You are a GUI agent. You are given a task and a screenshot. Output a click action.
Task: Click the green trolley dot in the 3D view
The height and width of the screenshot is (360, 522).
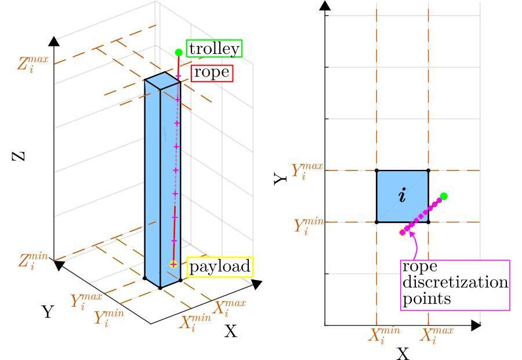click(x=179, y=53)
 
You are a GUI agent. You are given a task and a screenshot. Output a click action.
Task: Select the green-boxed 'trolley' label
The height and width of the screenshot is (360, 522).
click(x=214, y=49)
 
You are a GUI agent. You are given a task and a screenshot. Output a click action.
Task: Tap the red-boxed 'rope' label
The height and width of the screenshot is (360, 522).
click(x=212, y=73)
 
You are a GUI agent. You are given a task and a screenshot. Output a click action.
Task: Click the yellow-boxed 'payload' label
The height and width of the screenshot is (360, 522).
click(x=220, y=267)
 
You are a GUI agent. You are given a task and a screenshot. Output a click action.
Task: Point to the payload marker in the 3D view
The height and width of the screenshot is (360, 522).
click(x=173, y=264)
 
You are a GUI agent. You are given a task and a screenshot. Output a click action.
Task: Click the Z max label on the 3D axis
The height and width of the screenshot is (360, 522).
click(x=33, y=64)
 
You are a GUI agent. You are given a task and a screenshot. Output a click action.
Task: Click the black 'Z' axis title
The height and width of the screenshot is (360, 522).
click(x=19, y=157)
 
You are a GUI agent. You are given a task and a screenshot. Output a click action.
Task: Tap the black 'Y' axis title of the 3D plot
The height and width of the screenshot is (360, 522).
click(x=48, y=312)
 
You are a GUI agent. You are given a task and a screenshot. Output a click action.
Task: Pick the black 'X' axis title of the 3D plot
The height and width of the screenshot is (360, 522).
click(x=230, y=332)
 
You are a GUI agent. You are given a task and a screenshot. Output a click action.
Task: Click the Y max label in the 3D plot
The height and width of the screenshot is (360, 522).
click(x=86, y=301)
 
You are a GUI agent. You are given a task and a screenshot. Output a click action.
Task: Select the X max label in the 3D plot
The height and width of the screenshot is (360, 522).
click(x=229, y=308)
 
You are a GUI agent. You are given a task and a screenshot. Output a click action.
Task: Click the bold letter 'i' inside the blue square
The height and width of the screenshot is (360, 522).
click(x=403, y=195)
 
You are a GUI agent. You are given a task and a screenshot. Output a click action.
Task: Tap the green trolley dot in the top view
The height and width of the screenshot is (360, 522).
click(x=444, y=197)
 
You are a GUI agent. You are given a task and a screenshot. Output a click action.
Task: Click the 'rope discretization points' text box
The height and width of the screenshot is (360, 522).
click(x=455, y=285)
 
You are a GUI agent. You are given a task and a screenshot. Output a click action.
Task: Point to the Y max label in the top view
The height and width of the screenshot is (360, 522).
click(x=307, y=170)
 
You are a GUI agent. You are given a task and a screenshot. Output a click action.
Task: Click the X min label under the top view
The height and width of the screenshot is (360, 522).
click(x=384, y=334)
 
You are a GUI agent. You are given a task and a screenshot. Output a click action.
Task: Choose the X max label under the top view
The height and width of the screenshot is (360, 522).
click(x=436, y=334)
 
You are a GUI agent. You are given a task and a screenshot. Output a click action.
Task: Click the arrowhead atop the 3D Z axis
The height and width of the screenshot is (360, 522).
click(x=54, y=41)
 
